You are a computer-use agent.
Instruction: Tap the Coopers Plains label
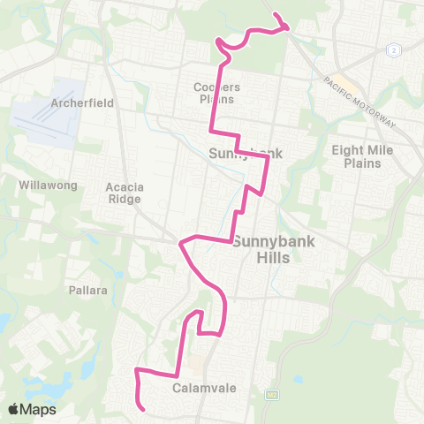(216, 93)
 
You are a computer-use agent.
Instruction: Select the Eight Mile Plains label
(356, 156)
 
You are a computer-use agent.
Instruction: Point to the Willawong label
(49, 185)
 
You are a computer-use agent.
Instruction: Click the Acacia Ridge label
(124, 193)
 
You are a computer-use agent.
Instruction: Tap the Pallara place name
(87, 290)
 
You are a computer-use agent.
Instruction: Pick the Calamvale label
(195, 386)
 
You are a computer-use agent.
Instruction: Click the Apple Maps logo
(32, 409)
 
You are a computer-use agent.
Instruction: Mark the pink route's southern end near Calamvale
(143, 409)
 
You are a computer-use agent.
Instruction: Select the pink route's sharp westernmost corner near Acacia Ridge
(180, 242)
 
